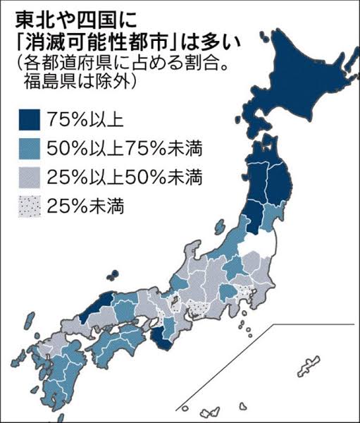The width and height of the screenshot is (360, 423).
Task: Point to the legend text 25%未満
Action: (78, 206)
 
